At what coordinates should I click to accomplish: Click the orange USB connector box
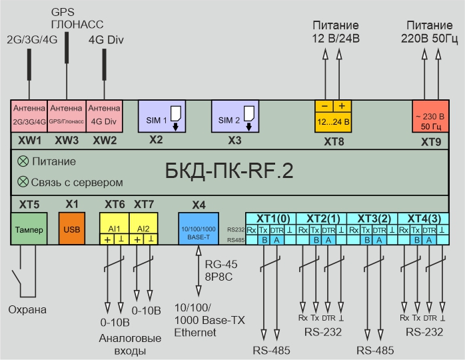(71, 229)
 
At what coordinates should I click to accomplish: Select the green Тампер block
(28, 229)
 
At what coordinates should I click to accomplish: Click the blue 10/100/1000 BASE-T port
(198, 229)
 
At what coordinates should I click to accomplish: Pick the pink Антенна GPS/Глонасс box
(66, 115)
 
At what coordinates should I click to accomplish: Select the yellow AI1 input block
(114, 228)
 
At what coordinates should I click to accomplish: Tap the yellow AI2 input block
(143, 228)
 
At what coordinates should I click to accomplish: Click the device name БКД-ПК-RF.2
(229, 171)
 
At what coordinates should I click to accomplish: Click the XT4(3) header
(424, 218)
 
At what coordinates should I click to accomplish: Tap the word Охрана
(28, 310)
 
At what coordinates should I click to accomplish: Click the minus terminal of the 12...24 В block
(324, 107)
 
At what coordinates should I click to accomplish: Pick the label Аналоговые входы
(130, 345)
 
